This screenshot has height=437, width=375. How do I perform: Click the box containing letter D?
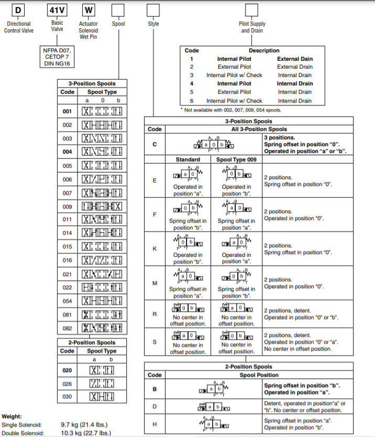pos(18,10)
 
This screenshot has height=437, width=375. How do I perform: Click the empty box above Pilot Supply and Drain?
pos(252,10)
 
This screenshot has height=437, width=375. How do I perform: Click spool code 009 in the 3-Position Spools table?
pos(67,206)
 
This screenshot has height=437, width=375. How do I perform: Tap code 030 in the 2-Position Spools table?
pos(67,397)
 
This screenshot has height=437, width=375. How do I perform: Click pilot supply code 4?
pos(192,83)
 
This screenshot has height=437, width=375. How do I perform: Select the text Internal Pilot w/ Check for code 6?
pos(234,101)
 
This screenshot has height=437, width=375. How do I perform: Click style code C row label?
pos(155,145)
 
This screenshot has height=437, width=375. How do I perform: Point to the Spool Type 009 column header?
pos(235,159)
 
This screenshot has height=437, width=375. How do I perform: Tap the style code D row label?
pos(155,406)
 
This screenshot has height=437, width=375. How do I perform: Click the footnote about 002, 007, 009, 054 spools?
pos(233,110)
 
